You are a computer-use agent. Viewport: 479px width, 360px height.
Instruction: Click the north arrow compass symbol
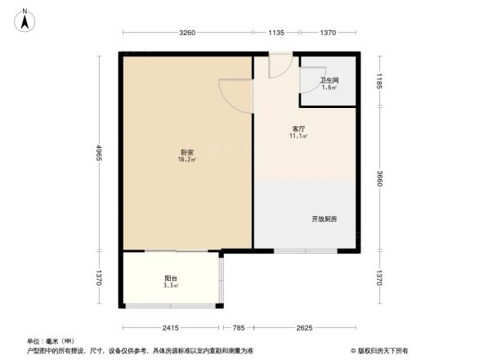click(25, 18)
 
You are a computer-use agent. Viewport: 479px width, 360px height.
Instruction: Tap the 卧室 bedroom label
click(187, 152)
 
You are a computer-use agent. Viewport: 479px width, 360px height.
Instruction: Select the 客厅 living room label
click(298, 129)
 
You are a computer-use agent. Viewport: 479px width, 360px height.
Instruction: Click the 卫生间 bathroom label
click(329, 79)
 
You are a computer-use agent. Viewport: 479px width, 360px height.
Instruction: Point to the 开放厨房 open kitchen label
click(324, 218)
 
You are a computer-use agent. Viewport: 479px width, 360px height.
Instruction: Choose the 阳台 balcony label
click(170, 279)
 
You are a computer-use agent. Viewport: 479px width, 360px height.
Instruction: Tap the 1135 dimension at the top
click(275, 33)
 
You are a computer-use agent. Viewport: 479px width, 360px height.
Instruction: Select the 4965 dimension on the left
click(98, 152)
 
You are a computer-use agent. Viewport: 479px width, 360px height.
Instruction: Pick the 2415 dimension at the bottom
click(169, 328)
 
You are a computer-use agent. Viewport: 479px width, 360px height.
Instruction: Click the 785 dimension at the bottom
click(238, 328)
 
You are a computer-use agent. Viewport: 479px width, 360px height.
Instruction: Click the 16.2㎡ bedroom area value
click(187, 160)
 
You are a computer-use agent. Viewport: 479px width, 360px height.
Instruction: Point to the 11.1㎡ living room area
click(298, 137)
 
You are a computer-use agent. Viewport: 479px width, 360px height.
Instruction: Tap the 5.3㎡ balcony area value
click(170, 286)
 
